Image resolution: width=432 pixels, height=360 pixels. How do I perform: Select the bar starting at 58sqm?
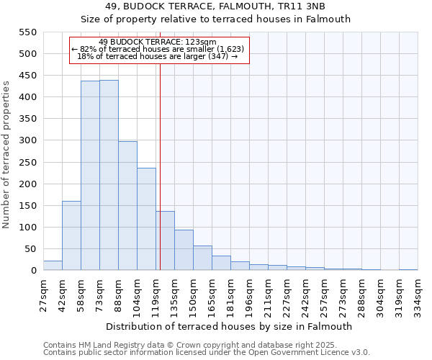90,176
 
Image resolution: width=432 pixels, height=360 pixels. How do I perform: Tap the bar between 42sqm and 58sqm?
71,235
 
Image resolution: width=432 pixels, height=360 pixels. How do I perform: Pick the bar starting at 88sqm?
127,206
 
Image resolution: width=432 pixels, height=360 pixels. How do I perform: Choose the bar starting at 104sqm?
146,219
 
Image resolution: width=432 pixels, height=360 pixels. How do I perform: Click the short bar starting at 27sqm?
53,266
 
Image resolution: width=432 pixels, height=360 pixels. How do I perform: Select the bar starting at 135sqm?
184,250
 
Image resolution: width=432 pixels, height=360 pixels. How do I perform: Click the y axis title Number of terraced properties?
6,154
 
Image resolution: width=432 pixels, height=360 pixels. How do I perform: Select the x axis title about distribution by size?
230,326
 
